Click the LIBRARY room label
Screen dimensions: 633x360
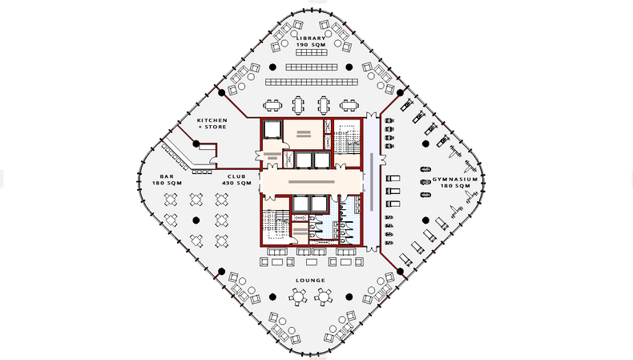(x=311, y=38)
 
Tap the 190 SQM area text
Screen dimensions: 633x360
(x=311, y=44)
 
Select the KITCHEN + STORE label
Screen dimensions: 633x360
(x=212, y=123)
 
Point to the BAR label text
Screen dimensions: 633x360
(x=167, y=176)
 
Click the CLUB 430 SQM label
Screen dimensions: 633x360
(x=236, y=180)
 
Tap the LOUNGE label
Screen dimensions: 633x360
(x=310, y=280)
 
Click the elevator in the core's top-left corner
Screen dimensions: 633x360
(x=272, y=130)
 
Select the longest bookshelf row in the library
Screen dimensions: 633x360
(x=311, y=83)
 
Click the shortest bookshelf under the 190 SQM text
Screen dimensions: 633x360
(x=311, y=53)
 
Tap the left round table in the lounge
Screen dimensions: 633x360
(x=298, y=297)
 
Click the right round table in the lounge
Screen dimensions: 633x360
(x=324, y=297)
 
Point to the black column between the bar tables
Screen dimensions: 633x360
(x=196, y=220)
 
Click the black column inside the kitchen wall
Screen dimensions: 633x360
(x=196, y=144)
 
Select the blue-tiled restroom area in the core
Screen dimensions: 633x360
(x=335, y=220)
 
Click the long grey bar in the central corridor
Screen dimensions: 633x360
(x=311, y=182)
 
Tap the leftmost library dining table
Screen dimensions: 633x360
(x=272, y=106)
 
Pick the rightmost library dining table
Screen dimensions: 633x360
(x=349, y=106)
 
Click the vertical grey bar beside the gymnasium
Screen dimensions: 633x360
(x=372, y=182)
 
